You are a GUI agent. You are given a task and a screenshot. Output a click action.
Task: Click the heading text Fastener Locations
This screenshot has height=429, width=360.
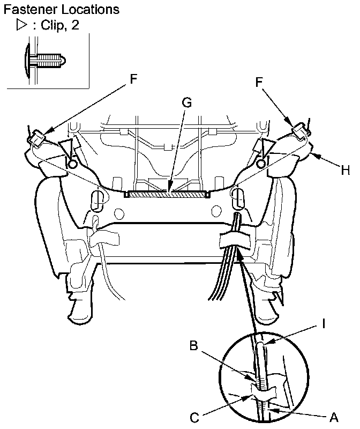pos(62,10)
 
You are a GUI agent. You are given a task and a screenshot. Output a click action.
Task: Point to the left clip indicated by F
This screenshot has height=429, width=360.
pos(36,138)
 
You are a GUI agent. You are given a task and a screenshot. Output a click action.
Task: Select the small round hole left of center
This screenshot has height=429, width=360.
pos(118,214)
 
